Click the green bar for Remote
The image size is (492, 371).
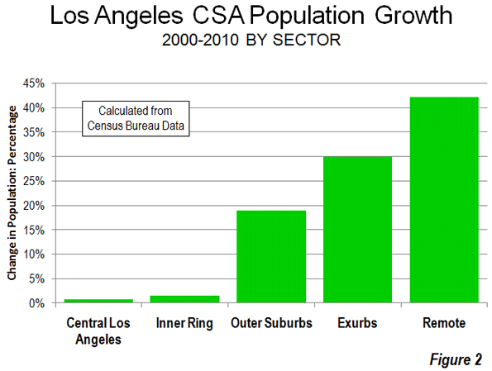tap(444, 200)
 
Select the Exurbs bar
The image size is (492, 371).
tap(357, 230)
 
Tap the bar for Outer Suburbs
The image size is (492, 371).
tap(271, 256)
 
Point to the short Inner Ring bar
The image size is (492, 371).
tap(184, 299)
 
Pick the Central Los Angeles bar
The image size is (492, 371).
tap(98, 301)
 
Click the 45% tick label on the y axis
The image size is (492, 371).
tap(34, 83)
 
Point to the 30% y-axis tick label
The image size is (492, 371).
tap(34, 157)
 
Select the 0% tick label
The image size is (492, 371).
tap(36, 303)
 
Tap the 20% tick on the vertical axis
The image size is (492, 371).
tap(34, 206)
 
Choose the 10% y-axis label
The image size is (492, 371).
tap(34, 254)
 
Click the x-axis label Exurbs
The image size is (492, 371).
tap(357, 323)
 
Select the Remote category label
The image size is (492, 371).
tap(444, 323)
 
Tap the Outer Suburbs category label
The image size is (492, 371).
tap(271, 323)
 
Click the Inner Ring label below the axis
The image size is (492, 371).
tap(184, 323)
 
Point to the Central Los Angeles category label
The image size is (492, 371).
tap(98, 331)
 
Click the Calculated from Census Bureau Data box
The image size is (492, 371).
tap(136, 118)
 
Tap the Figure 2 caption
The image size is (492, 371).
tap(456, 359)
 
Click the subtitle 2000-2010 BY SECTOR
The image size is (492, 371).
tap(251, 40)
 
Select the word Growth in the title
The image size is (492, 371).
tap(413, 16)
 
